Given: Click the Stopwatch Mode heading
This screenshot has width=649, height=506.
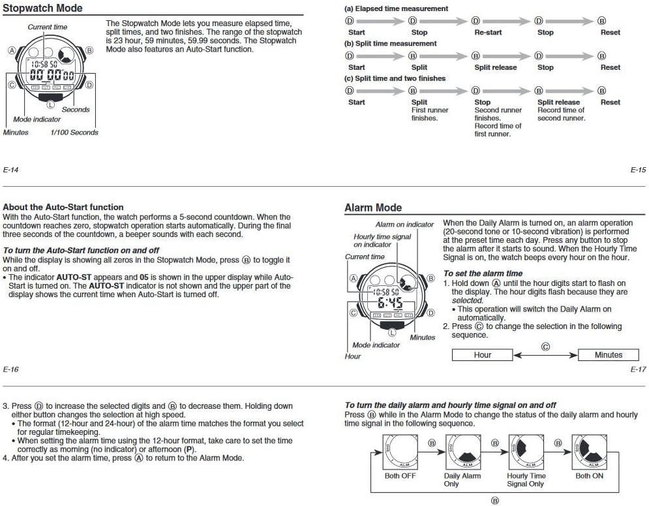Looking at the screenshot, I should tap(43, 8).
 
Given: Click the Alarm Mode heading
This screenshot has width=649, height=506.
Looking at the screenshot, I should tap(373, 208).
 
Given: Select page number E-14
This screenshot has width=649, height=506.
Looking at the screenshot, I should tap(10, 170).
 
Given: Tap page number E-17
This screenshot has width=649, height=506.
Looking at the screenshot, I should tap(638, 370).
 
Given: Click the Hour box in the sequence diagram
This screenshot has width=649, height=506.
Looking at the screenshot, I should tap(483, 355).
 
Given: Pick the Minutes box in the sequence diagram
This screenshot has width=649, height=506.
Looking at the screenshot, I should tap(609, 355).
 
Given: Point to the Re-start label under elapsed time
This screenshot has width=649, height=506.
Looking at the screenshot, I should tap(491, 32).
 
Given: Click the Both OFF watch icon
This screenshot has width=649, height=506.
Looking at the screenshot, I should tap(400, 452).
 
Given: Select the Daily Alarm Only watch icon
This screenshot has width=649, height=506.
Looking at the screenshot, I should tap(462, 452).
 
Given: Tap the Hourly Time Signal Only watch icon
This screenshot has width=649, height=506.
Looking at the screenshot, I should tap(526, 452).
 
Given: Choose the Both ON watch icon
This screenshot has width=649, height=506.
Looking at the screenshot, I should tap(589, 452).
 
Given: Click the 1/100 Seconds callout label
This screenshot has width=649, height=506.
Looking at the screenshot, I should tap(74, 133).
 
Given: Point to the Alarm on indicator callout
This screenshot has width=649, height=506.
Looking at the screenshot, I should tap(404, 225).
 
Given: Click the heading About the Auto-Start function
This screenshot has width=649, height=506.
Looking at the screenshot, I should tap(63, 207).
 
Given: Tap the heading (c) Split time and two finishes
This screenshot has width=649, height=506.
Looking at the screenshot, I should tap(395, 78).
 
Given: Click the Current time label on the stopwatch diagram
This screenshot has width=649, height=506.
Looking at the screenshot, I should tap(47, 27).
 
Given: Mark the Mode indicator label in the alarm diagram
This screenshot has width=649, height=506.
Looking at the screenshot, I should tap(376, 345).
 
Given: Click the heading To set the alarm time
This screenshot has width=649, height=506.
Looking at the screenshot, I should tap(483, 274).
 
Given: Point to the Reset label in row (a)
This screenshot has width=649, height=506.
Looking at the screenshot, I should tap(611, 32).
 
